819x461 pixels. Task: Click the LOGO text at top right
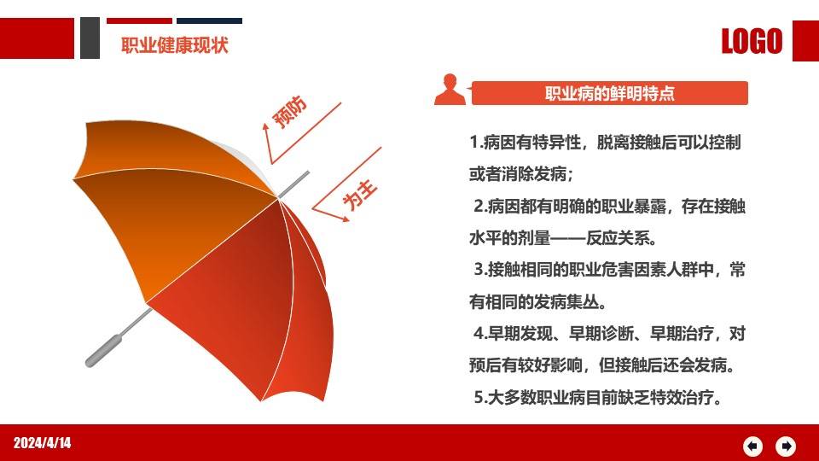click(x=752, y=41)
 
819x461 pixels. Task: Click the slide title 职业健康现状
click(x=175, y=44)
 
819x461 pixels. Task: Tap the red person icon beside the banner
click(x=450, y=90)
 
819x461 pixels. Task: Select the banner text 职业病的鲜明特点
click(x=610, y=94)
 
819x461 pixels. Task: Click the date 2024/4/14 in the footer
click(x=42, y=442)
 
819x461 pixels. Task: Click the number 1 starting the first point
click(x=473, y=142)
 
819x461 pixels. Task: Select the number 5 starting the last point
click(x=479, y=398)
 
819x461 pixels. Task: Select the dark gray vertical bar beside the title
click(x=90, y=38)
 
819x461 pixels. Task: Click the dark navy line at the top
click(x=210, y=20)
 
